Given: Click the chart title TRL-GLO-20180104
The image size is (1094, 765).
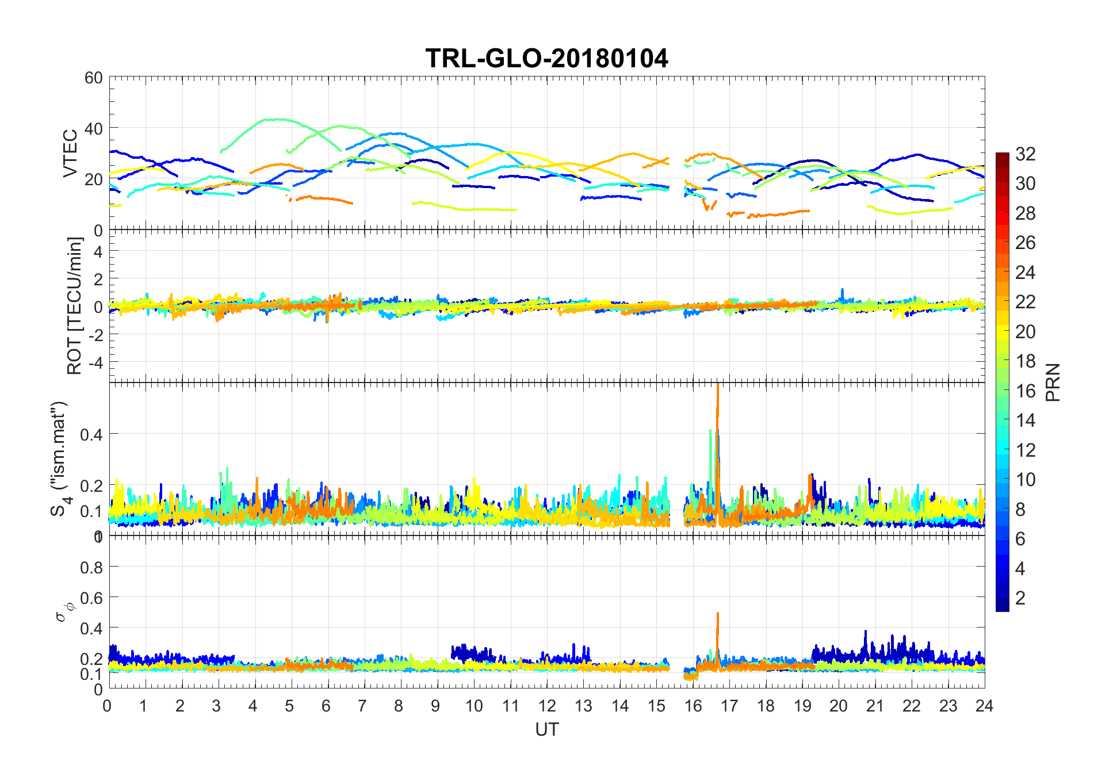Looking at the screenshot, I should click(546, 58).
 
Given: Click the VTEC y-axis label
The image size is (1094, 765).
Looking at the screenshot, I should click(70, 153).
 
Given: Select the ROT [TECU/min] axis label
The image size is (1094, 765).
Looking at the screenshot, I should click(75, 305).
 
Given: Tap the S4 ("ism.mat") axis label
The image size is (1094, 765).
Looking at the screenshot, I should click(60, 458).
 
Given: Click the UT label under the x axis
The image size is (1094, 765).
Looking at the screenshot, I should click(546, 729).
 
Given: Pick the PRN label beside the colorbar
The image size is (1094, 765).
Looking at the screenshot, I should click(1053, 382).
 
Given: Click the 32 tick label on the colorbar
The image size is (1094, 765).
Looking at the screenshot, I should click(1025, 154).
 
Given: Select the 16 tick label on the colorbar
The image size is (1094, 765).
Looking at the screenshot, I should click(1025, 391).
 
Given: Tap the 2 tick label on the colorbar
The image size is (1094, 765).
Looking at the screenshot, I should click(1020, 598).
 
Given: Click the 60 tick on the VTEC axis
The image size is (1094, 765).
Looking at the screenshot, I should click(94, 78).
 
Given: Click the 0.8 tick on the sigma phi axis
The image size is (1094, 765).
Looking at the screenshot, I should click(91, 567).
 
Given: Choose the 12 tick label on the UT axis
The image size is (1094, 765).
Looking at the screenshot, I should click(547, 706).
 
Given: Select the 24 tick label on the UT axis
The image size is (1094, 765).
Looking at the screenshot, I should click(984, 706).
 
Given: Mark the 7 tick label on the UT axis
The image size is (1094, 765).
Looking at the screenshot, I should click(362, 706).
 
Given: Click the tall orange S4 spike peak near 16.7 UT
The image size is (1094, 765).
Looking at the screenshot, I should click(718, 384).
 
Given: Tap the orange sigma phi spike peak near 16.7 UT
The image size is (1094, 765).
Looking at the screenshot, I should click(718, 613).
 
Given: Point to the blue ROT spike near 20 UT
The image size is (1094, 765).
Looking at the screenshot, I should click(843, 289).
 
